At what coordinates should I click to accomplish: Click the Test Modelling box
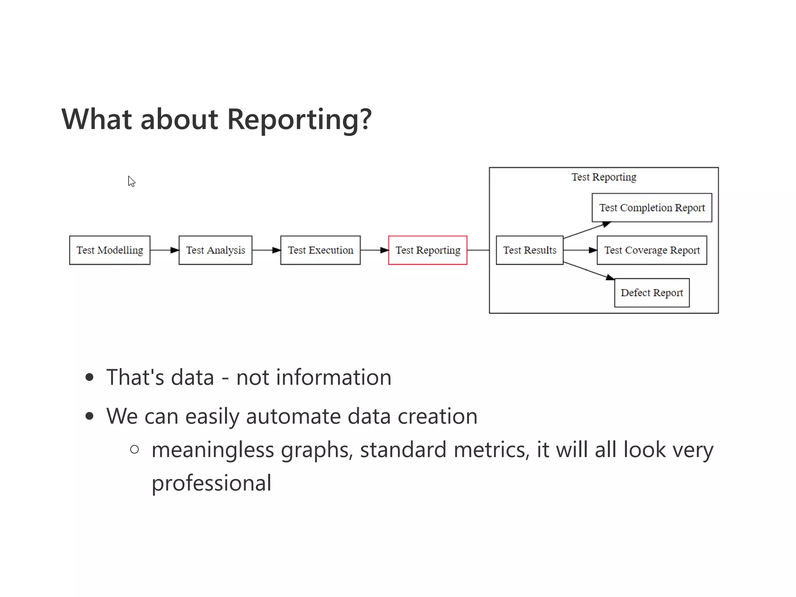(x=110, y=250)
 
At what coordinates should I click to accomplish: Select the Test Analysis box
(x=215, y=250)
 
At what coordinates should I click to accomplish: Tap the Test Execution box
(x=320, y=250)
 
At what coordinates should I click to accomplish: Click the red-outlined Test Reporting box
(x=428, y=250)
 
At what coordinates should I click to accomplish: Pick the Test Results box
(x=529, y=250)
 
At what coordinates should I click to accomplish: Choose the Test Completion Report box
(x=652, y=208)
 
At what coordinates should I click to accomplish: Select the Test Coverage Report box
(x=652, y=250)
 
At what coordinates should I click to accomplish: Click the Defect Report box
(x=652, y=293)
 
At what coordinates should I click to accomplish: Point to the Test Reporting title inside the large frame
(x=604, y=177)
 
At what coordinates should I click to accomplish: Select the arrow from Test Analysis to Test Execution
(x=266, y=250)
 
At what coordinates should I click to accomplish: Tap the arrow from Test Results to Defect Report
(x=588, y=271)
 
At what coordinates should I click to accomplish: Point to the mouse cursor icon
(x=131, y=182)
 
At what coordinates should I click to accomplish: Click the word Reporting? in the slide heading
(x=299, y=120)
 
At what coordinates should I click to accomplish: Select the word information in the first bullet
(x=333, y=377)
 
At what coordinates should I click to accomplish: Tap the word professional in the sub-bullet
(x=211, y=483)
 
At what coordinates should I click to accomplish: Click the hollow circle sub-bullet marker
(x=134, y=450)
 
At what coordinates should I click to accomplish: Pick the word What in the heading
(x=97, y=119)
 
